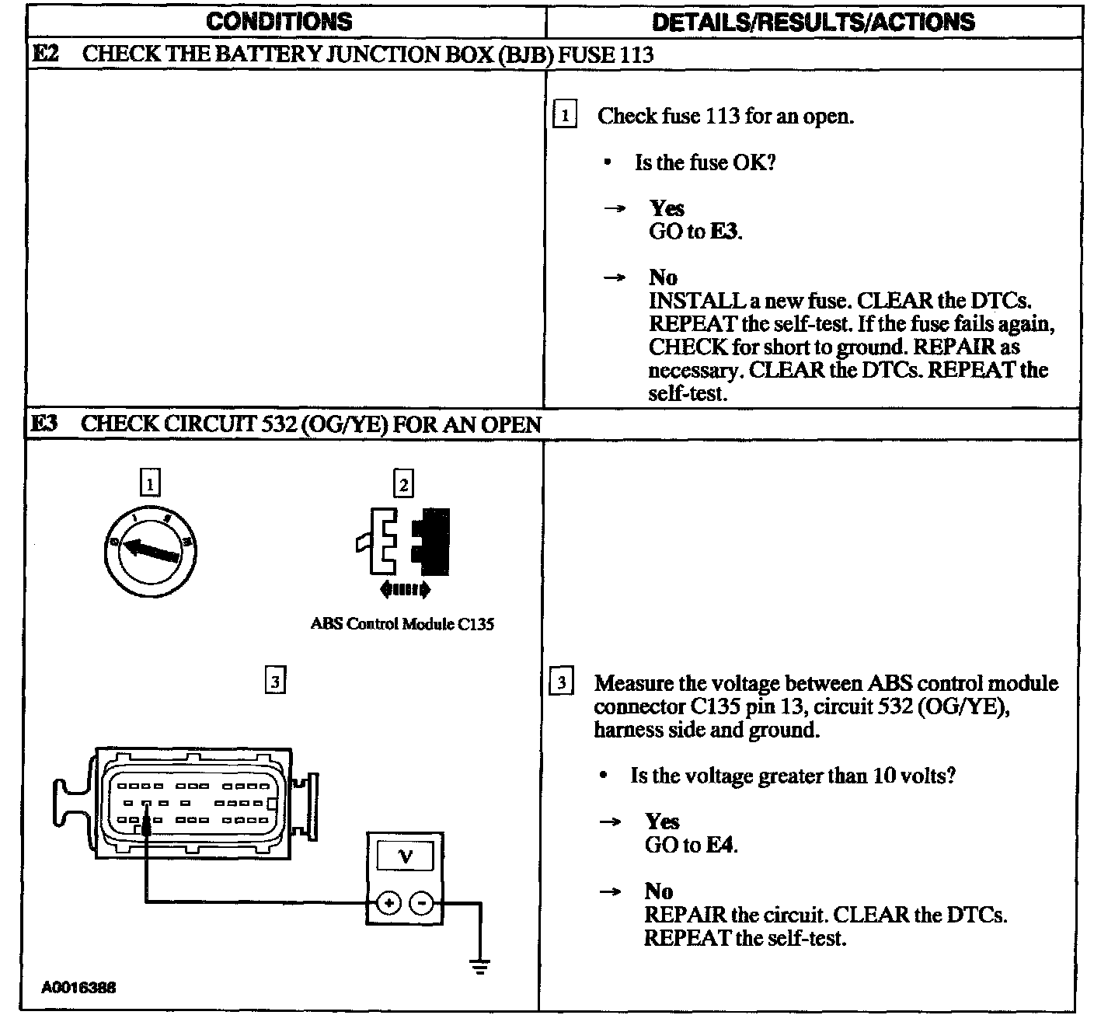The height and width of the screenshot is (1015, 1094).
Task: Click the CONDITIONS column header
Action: [x=279, y=21]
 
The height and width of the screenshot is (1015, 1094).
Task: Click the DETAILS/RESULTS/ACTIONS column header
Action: [x=813, y=21]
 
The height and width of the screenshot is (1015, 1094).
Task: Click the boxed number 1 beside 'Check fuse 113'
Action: [x=564, y=117]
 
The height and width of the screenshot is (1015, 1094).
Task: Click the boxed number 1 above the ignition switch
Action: [x=149, y=483]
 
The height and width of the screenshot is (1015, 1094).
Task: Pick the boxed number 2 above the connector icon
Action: [x=403, y=484]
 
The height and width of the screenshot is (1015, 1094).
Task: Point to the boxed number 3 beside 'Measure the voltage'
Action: [x=562, y=683]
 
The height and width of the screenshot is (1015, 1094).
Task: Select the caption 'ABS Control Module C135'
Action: [x=402, y=624]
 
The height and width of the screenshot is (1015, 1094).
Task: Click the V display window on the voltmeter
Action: [x=405, y=856]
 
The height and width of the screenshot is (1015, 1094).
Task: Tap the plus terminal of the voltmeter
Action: [x=388, y=903]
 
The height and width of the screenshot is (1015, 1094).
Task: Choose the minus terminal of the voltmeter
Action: [x=421, y=903]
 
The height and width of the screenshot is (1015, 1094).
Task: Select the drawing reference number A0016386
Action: [x=79, y=988]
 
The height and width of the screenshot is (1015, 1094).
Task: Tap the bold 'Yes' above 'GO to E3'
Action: [x=667, y=208]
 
